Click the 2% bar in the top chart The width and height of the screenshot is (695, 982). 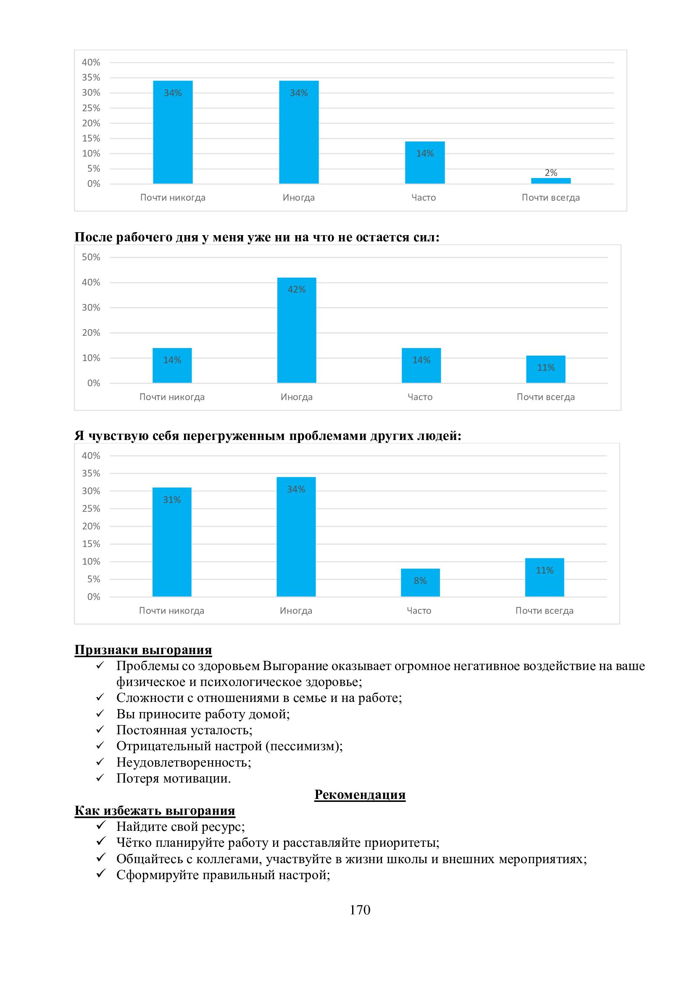pyautogui.click(x=550, y=181)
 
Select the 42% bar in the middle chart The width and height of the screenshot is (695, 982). pyautogui.click(x=297, y=330)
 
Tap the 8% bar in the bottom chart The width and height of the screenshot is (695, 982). pyautogui.click(x=420, y=583)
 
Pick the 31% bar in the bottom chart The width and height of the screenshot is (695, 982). pyautogui.click(x=171, y=542)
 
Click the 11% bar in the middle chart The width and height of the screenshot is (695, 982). pyautogui.click(x=546, y=369)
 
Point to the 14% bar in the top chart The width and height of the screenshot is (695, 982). pyautogui.click(x=425, y=162)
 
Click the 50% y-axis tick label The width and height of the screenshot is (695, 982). pyautogui.click(x=91, y=257)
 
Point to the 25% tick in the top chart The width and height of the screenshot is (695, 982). pyautogui.click(x=91, y=108)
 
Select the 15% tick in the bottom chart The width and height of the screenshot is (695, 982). pyautogui.click(x=91, y=544)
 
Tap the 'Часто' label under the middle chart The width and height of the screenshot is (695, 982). pyautogui.click(x=420, y=397)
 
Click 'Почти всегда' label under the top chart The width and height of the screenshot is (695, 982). pyautogui.click(x=550, y=198)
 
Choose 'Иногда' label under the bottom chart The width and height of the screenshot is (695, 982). pyautogui.click(x=296, y=611)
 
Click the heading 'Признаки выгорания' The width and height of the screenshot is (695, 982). pyautogui.click(x=143, y=649)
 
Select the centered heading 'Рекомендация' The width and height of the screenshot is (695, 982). pyautogui.click(x=360, y=794)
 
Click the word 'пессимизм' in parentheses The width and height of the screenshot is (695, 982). pyautogui.click(x=303, y=746)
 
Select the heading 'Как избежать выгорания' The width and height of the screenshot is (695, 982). pyautogui.click(x=155, y=810)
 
